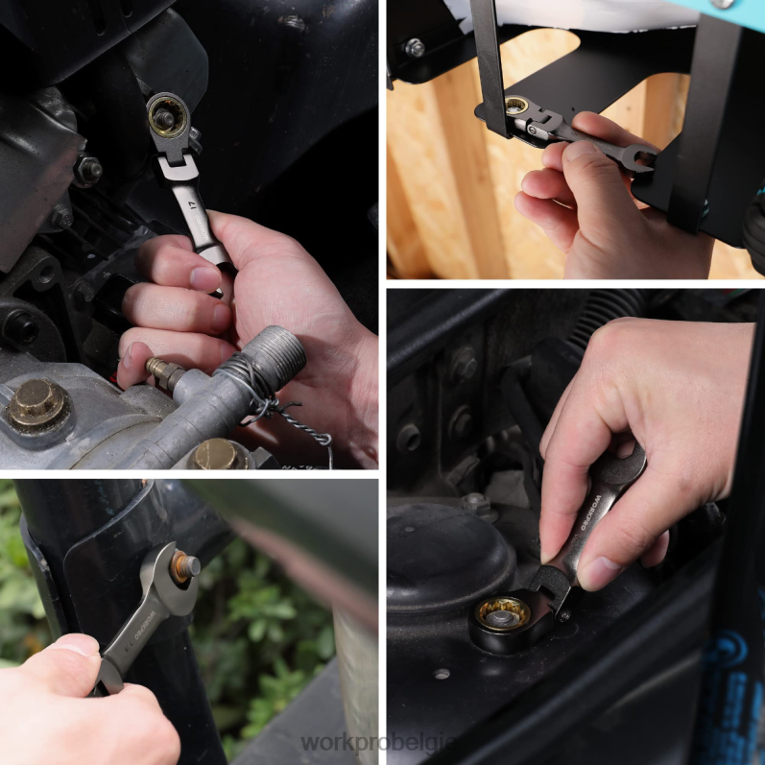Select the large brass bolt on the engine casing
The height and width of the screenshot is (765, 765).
pos(36,404)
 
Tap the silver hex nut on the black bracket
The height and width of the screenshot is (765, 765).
pos(414,47)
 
